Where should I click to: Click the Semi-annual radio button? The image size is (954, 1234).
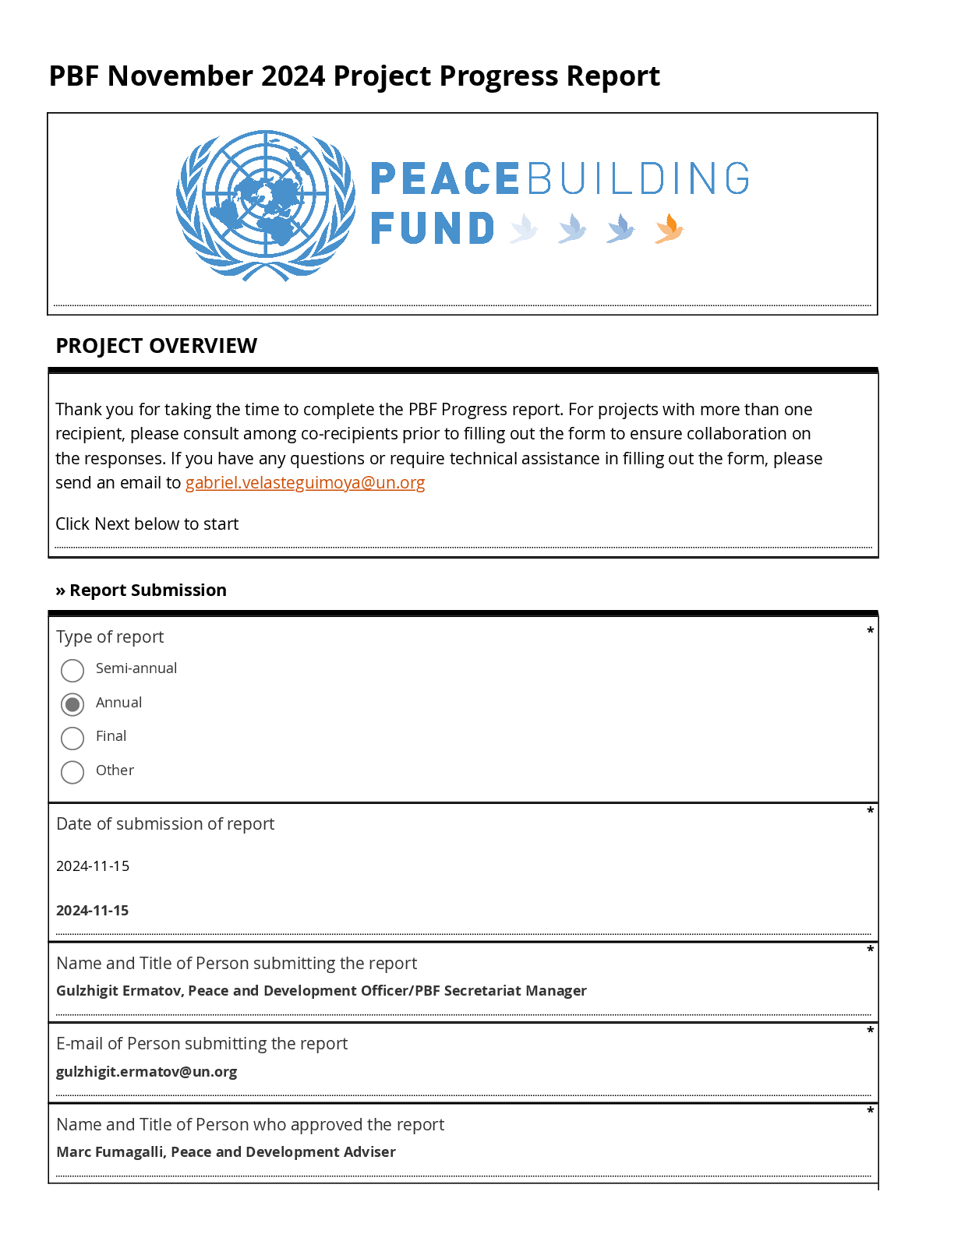click(x=72, y=670)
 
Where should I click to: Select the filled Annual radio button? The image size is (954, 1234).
click(x=72, y=704)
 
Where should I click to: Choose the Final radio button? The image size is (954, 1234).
click(x=72, y=738)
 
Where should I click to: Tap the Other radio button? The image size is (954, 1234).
click(x=72, y=772)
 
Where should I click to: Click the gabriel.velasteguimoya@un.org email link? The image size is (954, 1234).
click(x=305, y=483)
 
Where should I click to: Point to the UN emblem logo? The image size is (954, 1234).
click(x=266, y=206)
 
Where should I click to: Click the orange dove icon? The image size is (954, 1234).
click(x=669, y=229)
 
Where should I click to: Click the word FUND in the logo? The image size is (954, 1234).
click(x=433, y=229)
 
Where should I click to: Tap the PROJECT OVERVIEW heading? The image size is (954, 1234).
click(x=156, y=346)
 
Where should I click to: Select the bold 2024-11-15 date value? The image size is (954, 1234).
click(x=92, y=911)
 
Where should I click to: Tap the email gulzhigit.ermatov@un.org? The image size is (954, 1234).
click(x=147, y=1072)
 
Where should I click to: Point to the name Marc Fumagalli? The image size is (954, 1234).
click(x=110, y=1152)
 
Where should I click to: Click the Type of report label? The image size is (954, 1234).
click(x=110, y=637)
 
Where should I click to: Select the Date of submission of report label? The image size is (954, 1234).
click(x=165, y=824)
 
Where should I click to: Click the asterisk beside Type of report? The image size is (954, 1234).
click(x=870, y=630)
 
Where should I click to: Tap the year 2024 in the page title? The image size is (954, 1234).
click(x=293, y=76)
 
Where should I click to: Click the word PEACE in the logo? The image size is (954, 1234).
click(x=444, y=179)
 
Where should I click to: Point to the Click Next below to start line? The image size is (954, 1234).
click(x=147, y=524)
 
